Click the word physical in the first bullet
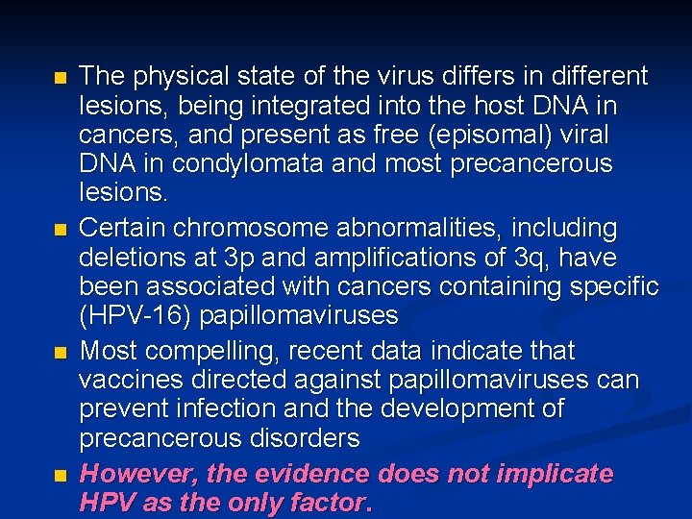(x=171, y=76)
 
